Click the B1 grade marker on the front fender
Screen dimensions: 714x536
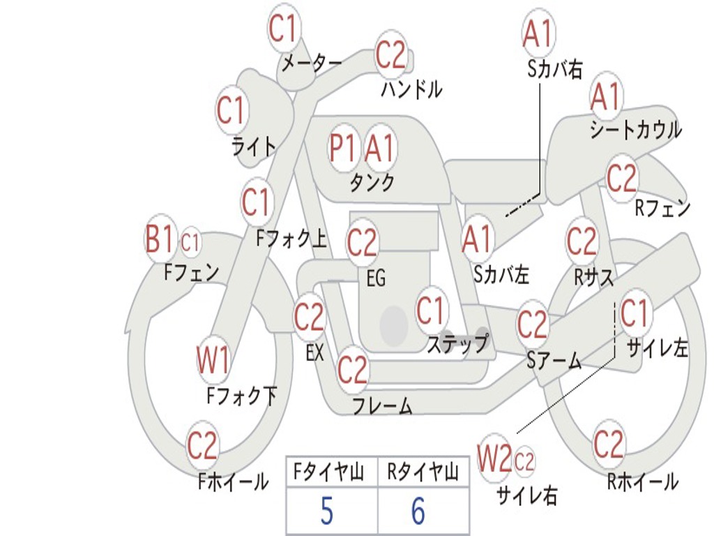tap(160, 239)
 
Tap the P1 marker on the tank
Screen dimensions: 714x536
tap(342, 148)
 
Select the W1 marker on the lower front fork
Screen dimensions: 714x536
tap(213, 360)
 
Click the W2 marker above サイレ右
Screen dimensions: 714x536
tap(494, 458)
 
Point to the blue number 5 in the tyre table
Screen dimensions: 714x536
tap(327, 511)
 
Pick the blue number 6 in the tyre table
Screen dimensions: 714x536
tap(418, 511)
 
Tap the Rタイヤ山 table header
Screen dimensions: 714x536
tap(422, 472)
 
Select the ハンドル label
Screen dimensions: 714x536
tap(411, 89)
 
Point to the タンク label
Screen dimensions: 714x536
tap(372, 183)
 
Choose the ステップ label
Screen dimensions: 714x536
tap(457, 343)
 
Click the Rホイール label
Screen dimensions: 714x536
tap(643, 482)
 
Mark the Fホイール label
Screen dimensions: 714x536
tap(233, 482)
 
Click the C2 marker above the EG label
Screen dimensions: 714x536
tap(362, 242)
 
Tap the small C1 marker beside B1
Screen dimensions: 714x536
tap(190, 242)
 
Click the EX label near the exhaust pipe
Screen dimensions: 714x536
tap(314, 352)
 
